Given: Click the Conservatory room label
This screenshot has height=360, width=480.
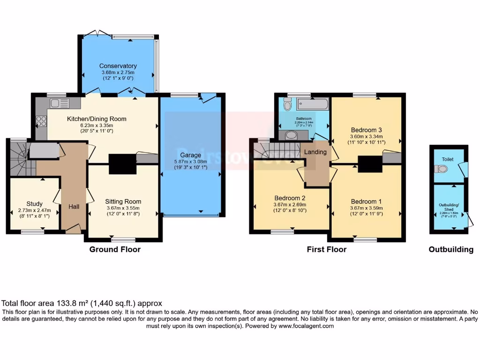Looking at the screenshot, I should (118, 66).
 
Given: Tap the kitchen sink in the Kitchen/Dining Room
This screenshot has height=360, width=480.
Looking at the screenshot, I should (60, 103).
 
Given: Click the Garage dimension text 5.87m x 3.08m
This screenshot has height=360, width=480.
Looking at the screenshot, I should (190, 161).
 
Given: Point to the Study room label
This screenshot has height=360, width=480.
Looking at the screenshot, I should (35, 204).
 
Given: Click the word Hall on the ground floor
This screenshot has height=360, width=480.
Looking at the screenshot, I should (74, 207).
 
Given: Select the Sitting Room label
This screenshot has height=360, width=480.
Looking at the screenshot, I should (123, 202).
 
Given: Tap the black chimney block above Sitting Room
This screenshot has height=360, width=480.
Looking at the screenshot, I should (122, 164).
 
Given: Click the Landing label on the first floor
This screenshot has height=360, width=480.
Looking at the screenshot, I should (315, 152).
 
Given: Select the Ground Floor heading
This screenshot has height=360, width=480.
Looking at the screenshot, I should (115, 249).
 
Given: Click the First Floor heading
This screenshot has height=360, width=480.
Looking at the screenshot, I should (327, 249).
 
